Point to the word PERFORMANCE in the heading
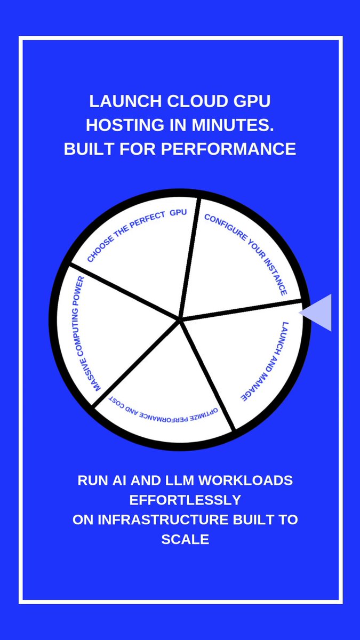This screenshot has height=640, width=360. (x=229, y=149)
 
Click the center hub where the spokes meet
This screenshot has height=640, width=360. (x=180, y=319)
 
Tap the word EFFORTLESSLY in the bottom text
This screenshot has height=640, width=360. (x=185, y=500)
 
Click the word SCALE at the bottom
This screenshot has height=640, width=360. (x=185, y=539)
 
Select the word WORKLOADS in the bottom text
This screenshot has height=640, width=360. (x=245, y=481)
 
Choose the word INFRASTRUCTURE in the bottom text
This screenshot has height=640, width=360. (x=163, y=519)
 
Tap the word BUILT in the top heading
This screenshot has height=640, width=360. (x=89, y=149)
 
